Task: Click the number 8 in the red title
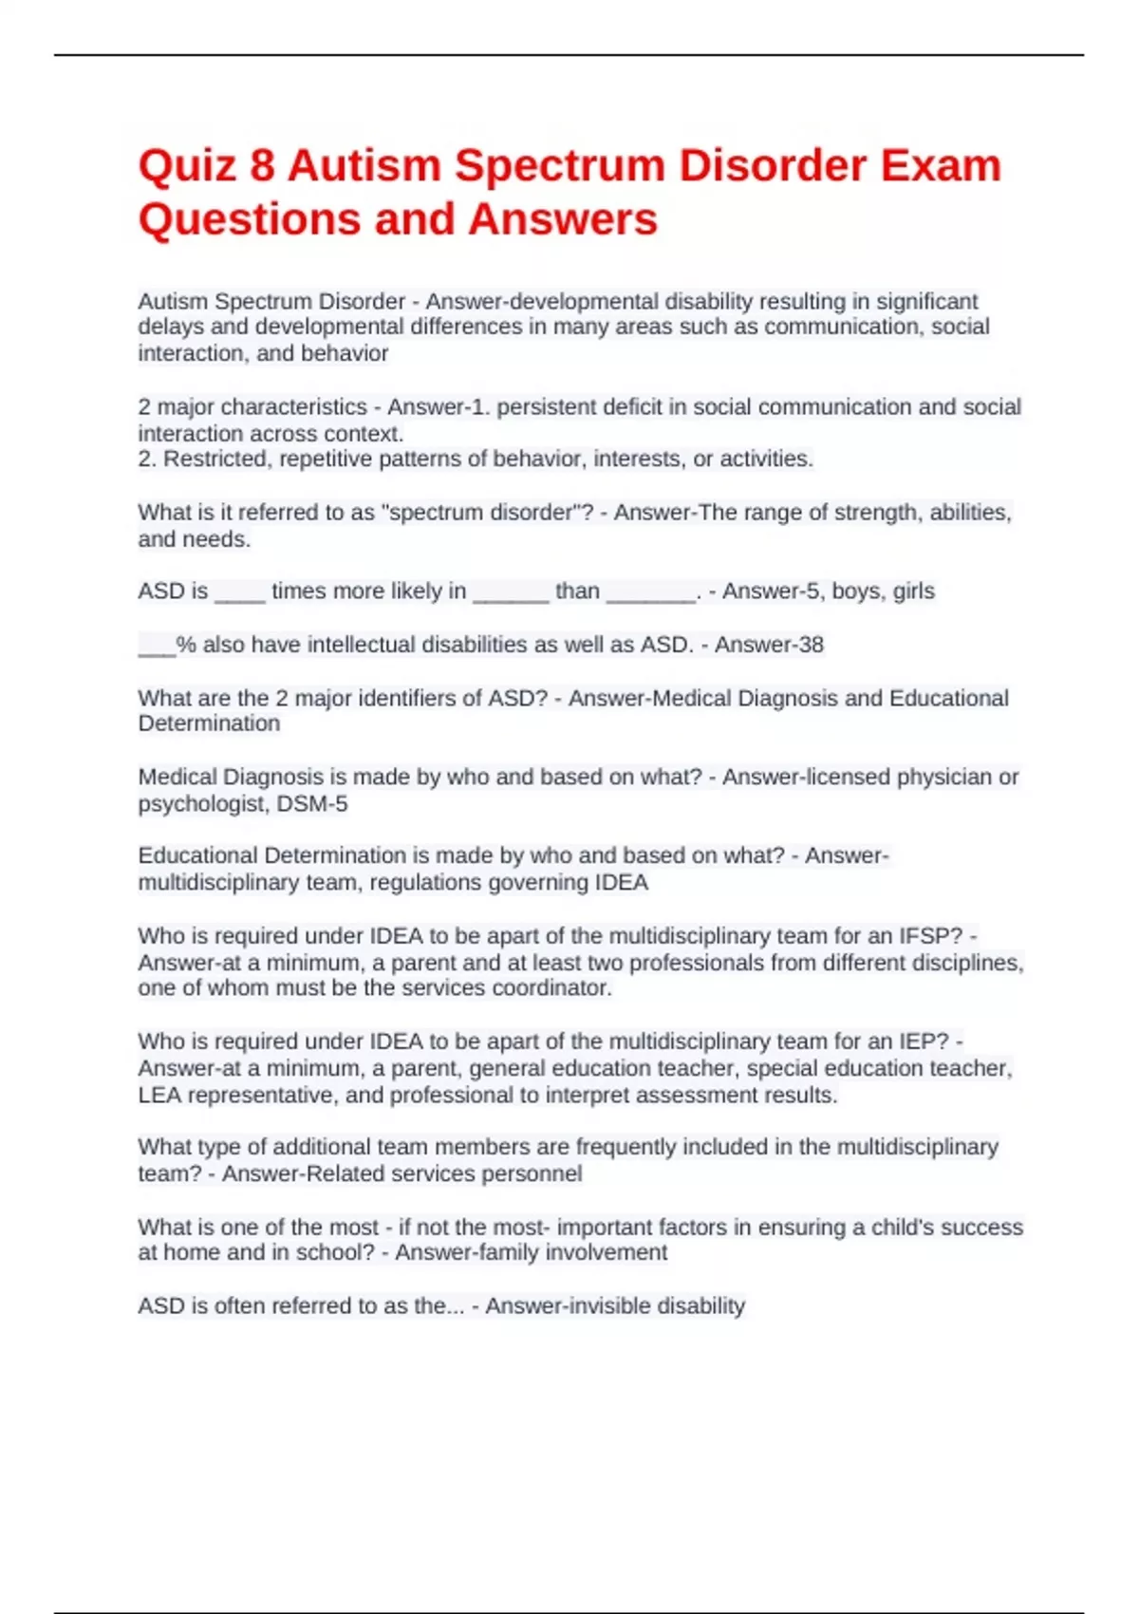pos(262,166)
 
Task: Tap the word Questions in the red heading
pos(250,219)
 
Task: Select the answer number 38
pos(811,645)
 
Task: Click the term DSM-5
pos(312,804)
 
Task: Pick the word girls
pos(913,591)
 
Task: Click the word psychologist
pos(200,804)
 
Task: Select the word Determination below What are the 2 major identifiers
pos(209,723)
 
